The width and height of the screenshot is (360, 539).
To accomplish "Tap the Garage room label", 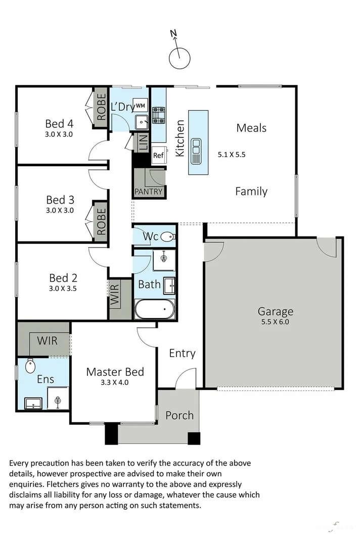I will [x=275, y=311].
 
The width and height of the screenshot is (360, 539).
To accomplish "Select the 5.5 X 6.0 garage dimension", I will [x=275, y=322].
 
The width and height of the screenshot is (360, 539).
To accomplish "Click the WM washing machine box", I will [x=140, y=105].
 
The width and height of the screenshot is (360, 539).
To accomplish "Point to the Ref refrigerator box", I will [x=158, y=156].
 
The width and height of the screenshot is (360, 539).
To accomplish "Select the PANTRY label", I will [x=149, y=192].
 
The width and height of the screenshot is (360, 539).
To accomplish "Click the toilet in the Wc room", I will [x=168, y=236].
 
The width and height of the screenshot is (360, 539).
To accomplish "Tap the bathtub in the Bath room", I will [x=155, y=308].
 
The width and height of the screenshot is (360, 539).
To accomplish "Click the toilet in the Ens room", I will [x=30, y=365].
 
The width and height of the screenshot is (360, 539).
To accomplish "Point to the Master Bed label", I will [x=115, y=372].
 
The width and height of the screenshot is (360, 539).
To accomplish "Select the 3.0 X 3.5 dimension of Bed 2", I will [x=63, y=289].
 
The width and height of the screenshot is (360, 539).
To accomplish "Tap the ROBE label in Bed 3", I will [x=101, y=221].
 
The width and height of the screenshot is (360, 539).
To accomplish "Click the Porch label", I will [x=179, y=415].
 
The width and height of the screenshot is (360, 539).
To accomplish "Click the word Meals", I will [x=251, y=128].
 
